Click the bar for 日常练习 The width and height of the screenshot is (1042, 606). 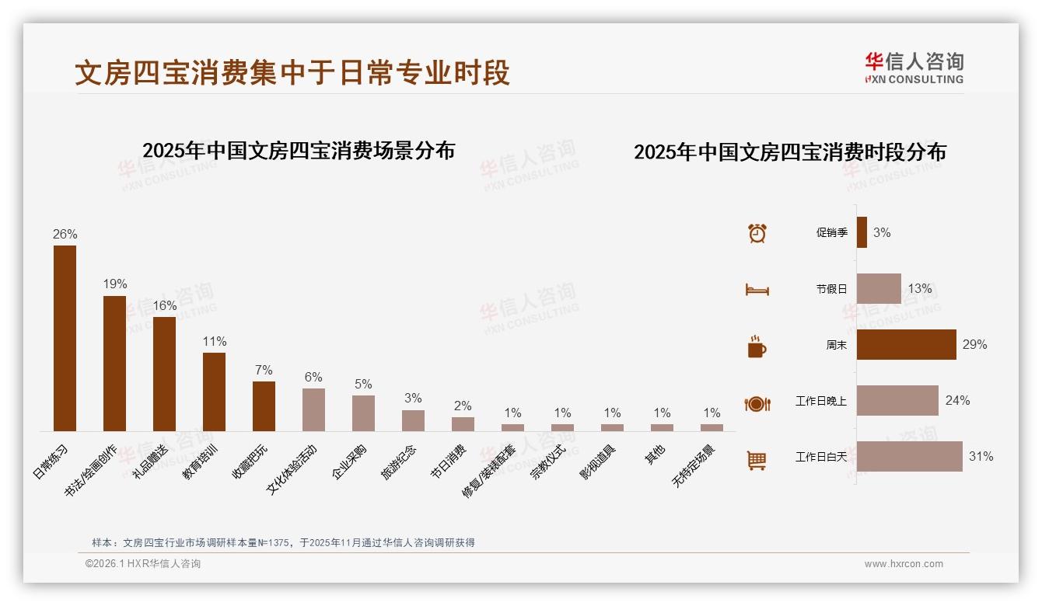pos(65,338)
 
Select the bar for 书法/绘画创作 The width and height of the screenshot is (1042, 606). pos(114,363)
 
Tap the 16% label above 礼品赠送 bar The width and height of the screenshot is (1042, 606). pos(165,306)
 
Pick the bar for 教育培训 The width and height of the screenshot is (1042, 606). pos(214,392)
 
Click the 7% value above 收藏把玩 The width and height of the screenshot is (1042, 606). pos(264,371)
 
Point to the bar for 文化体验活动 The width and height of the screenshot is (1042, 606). pos(313,409)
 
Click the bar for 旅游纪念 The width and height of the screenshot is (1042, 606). pos(413,420)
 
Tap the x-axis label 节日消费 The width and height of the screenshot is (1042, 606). pos(449,462)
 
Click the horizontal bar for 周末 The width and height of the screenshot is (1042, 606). pos(906,344)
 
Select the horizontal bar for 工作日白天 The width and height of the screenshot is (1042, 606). pos(909,456)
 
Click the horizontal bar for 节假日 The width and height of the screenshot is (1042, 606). pos(879,288)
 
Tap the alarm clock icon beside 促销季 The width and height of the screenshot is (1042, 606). pos(757,233)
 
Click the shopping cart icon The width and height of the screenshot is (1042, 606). pos(757,460)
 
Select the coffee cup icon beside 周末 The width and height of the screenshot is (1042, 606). pos(757,347)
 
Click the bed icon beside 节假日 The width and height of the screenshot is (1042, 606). pos(757,290)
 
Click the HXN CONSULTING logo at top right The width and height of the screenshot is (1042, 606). pos(914,68)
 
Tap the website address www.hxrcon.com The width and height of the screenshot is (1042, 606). pos(903,564)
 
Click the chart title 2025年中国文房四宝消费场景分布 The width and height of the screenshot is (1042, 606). pos(299,151)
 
